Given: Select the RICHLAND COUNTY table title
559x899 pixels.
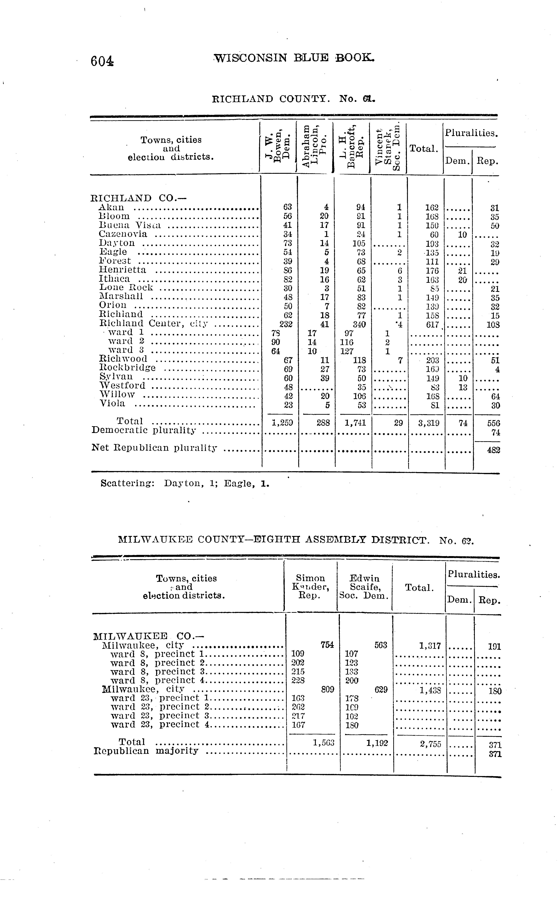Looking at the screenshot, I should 293,99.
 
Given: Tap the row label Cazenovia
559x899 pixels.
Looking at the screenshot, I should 123,234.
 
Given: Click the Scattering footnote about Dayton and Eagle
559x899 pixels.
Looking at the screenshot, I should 185,484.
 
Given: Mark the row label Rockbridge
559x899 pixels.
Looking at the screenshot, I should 128,368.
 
